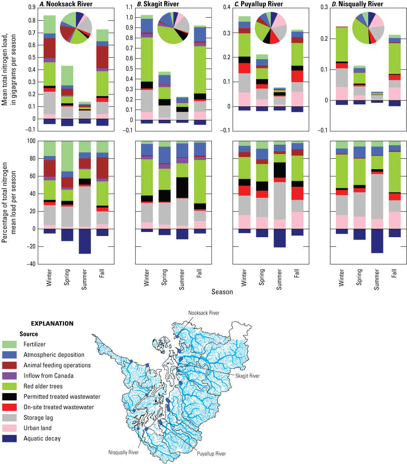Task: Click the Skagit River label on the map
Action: [x=247, y=376]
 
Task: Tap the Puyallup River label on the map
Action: [x=211, y=454]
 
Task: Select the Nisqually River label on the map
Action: [x=124, y=452]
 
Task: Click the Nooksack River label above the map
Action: [x=204, y=313]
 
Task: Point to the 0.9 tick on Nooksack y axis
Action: [x=30, y=7]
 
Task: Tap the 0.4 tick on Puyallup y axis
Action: [x=226, y=7]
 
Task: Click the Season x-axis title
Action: [x=222, y=292]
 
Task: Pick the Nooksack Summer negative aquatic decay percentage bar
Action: [x=85, y=241]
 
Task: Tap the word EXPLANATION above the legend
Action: [x=52, y=323]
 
